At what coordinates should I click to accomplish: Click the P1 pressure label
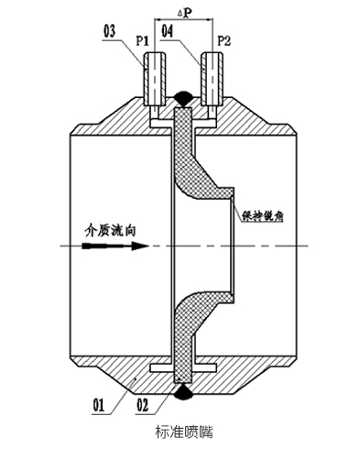[143, 42]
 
